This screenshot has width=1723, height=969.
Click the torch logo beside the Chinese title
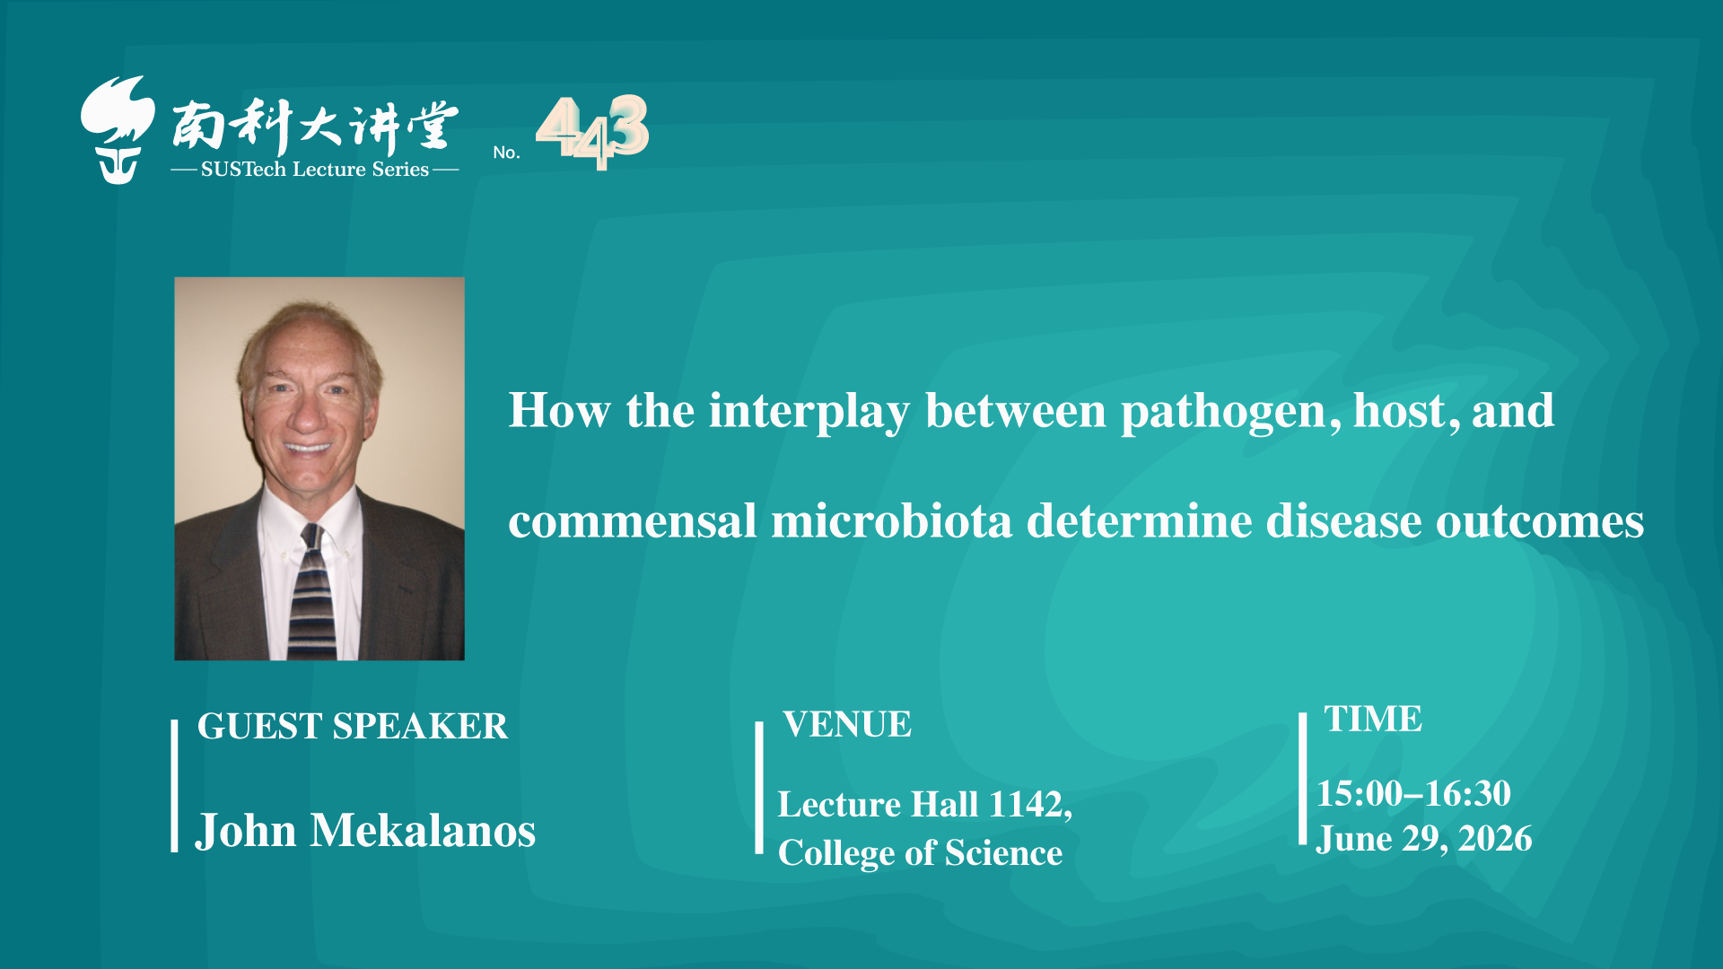click(117, 130)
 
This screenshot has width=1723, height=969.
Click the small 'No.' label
click(506, 153)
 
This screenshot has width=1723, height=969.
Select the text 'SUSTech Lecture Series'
click(315, 169)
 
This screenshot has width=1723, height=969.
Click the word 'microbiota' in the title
click(891, 521)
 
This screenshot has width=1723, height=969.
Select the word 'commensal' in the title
click(633, 522)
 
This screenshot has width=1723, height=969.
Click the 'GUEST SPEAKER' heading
click(353, 726)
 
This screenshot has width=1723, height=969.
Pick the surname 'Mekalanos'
click(423, 830)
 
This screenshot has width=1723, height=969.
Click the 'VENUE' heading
click(847, 724)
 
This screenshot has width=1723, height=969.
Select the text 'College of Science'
click(920, 853)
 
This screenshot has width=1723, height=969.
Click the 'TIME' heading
click(1373, 719)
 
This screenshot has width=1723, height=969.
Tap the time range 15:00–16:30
click(1413, 793)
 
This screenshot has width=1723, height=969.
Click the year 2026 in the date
click(1495, 839)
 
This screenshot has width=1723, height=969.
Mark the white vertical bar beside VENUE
click(759, 788)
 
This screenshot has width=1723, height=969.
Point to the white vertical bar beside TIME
click(1303, 779)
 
